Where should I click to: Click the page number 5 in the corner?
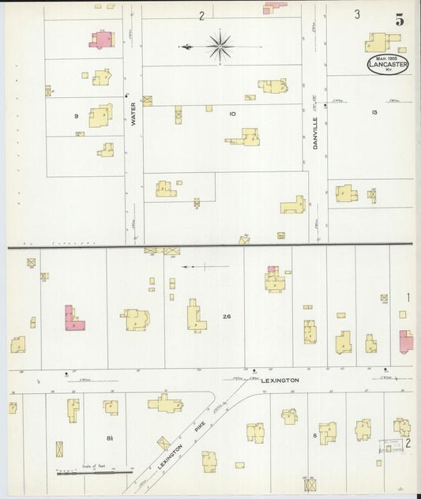400,21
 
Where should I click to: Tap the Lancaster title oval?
387,64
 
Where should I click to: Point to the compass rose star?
220,45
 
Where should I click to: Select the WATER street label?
133,113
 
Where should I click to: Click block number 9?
77,116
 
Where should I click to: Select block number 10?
232,114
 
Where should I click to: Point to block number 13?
374,113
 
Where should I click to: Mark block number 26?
227,317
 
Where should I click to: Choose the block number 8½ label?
111,437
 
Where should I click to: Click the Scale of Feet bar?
94,471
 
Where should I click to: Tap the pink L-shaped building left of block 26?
73,318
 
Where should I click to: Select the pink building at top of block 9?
101,39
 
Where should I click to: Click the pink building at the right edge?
406,341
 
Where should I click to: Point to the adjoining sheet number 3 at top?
357,14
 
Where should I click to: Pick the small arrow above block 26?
193,267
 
